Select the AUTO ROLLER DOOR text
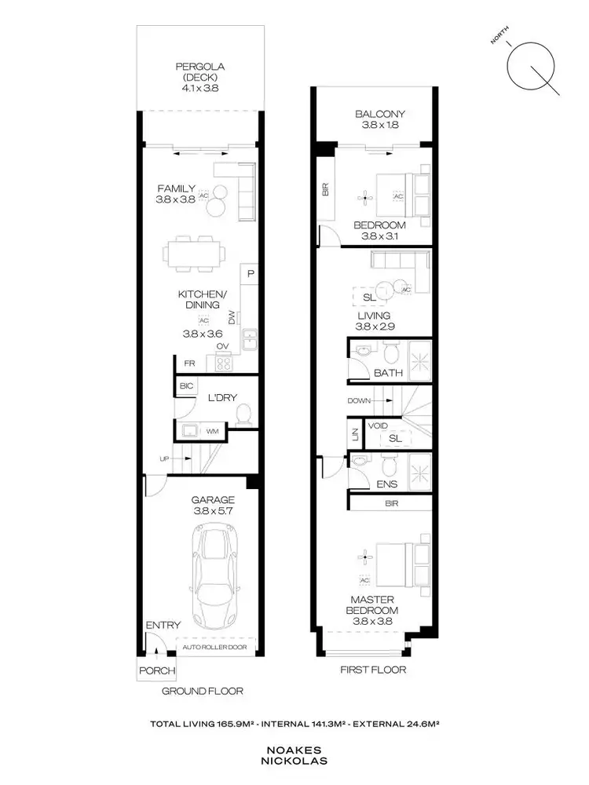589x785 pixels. click(214, 647)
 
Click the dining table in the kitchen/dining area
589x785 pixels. click(198, 253)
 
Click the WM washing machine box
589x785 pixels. click(212, 431)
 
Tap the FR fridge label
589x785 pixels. click(189, 363)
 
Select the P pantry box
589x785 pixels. click(251, 274)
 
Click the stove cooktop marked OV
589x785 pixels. click(222, 363)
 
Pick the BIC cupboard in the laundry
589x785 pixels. click(186, 386)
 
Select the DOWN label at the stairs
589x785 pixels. click(358, 400)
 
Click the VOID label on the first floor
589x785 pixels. click(379, 426)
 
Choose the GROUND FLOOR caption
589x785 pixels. click(202, 691)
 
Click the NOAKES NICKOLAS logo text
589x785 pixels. click(294, 754)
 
